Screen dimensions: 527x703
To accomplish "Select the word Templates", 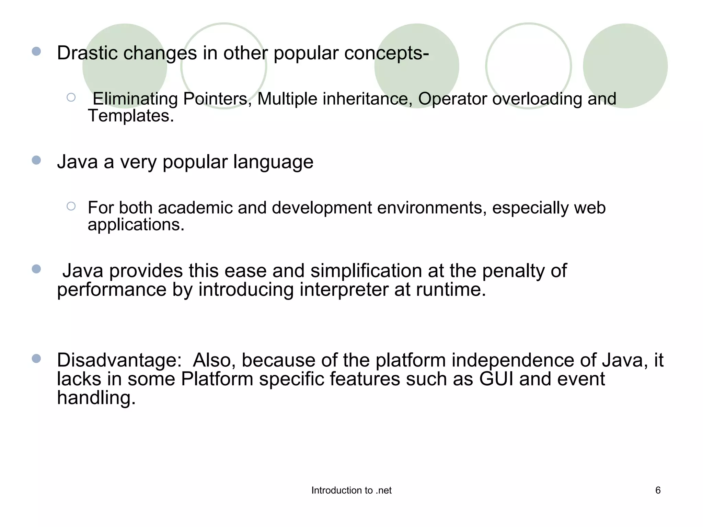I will click(130, 116).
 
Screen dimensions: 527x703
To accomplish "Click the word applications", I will click(136, 225).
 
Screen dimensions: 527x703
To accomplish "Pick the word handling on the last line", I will click(96, 398).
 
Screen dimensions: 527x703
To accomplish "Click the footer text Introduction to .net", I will click(351, 491).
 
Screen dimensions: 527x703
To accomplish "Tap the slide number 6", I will click(658, 490).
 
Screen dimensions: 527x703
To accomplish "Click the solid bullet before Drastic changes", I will click(36, 51).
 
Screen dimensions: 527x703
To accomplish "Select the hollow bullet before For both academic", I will click(71, 206).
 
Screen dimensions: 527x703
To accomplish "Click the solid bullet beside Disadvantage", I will click(36, 359).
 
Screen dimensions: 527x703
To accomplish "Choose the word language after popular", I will click(273, 162).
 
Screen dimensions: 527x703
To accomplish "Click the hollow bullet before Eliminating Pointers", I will click(71, 97).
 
